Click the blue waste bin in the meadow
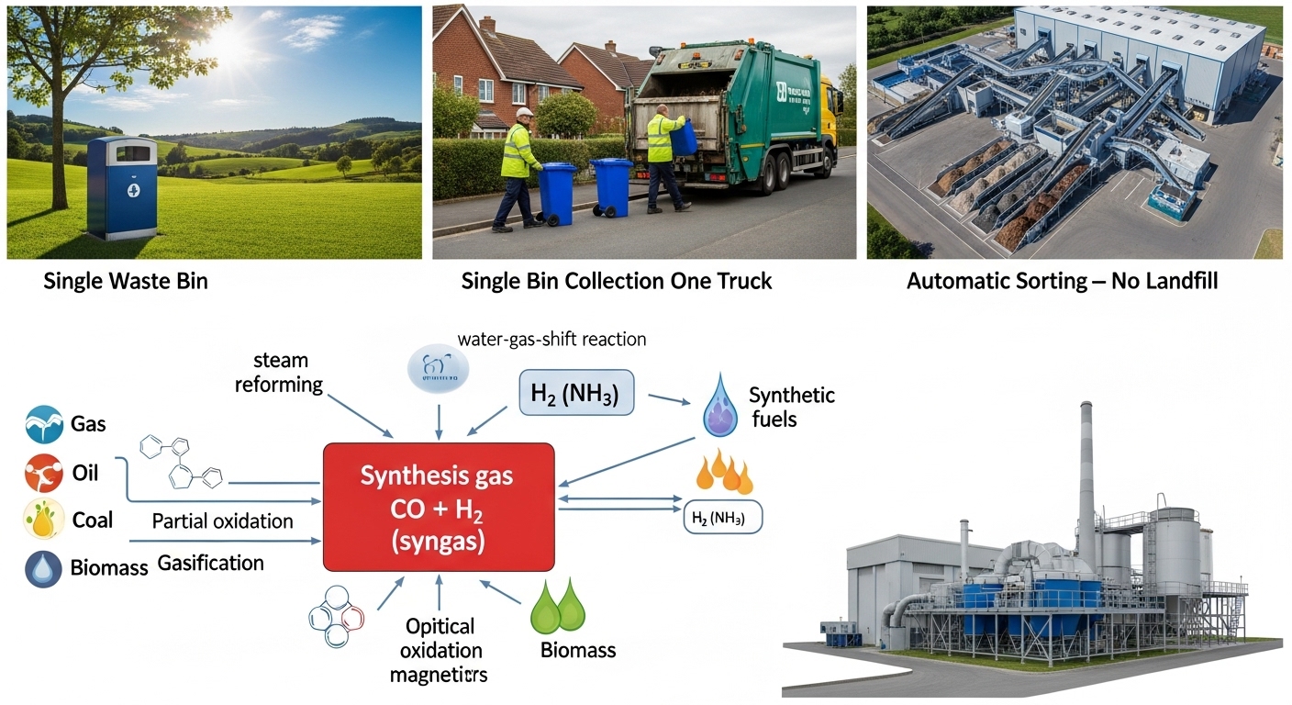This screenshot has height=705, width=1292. point(122,187)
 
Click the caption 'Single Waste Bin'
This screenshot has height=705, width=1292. point(126,281)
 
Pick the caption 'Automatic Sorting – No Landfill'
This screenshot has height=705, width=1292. point(1062,281)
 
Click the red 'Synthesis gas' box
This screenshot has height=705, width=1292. point(439,507)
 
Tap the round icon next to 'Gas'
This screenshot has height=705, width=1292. point(43,424)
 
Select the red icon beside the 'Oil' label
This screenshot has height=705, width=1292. point(43,473)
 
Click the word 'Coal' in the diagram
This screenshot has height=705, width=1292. point(93,520)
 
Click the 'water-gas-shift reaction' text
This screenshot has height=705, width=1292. point(551,339)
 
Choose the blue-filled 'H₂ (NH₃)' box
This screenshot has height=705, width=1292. point(576,395)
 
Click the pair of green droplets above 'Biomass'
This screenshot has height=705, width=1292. point(558,608)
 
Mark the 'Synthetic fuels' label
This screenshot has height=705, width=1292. point(791,408)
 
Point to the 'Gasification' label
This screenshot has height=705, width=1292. point(210,563)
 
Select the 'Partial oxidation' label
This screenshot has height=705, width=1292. point(222,521)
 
